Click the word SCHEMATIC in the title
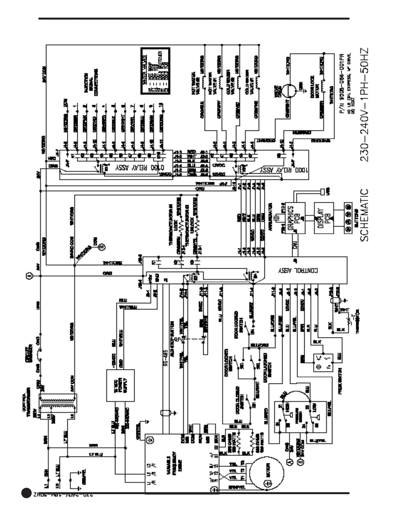pos(364,215)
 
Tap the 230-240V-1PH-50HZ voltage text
pos(364,105)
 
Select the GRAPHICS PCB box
pos(295,218)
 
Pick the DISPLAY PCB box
pos(324,218)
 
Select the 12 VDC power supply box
pos(120,385)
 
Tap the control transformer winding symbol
pos(58,403)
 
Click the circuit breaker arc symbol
pos(40,352)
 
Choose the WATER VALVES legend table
pos(155,71)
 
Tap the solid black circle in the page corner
pos(26,493)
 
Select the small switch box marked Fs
pos(323,362)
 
